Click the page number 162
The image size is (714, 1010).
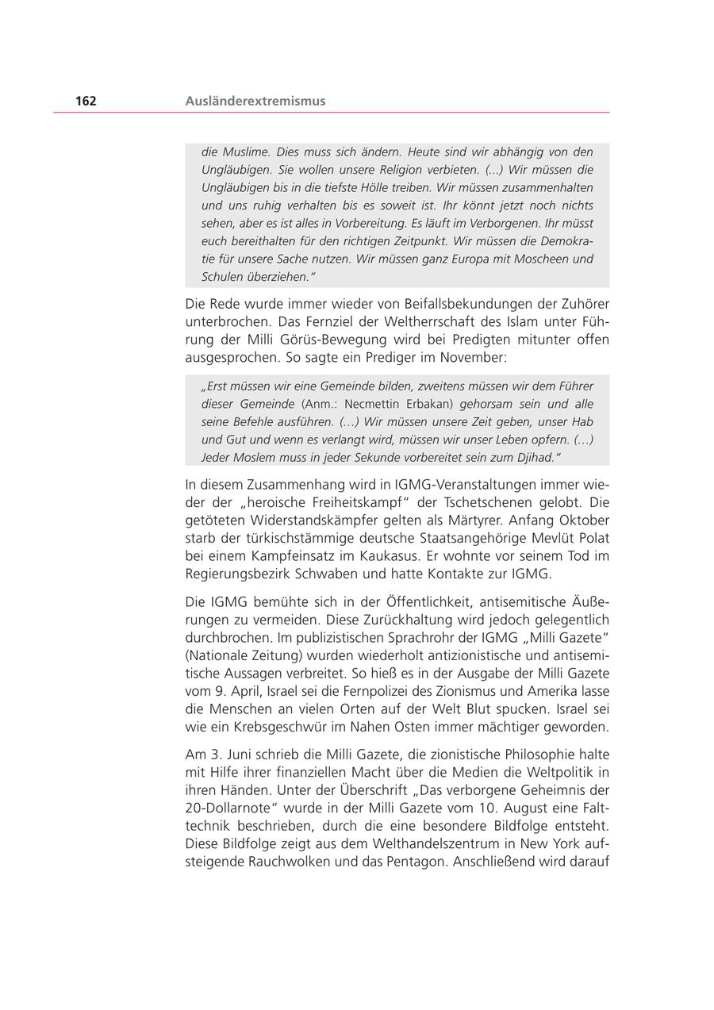86,101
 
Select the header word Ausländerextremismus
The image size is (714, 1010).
255,101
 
